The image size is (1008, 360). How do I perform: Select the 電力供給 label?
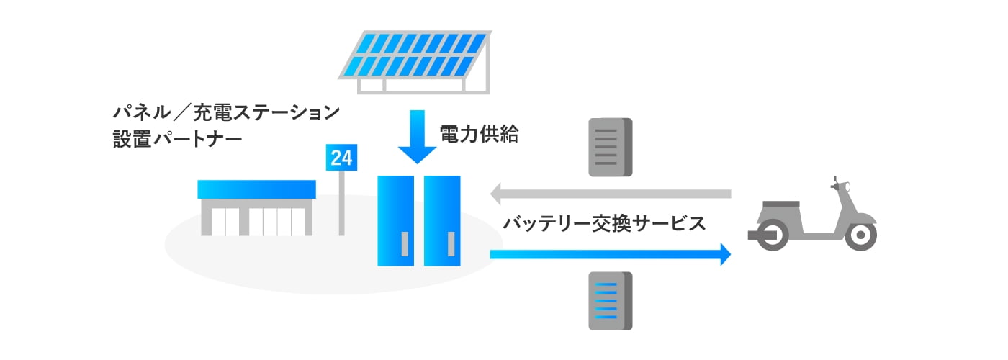coord(479,135)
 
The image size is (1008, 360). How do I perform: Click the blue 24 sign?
coord(342,158)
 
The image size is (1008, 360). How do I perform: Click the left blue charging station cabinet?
coord(395,220)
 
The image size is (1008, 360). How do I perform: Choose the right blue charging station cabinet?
coord(441,220)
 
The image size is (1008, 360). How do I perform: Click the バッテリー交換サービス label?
coord(604,224)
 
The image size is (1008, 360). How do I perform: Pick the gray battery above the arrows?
coord(610,148)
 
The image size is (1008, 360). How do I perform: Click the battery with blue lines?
coord(610,301)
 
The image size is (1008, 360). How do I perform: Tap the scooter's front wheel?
coord(860,235)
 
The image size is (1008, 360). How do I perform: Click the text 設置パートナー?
coord(177,139)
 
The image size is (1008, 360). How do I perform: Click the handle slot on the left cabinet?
coord(405,244)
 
